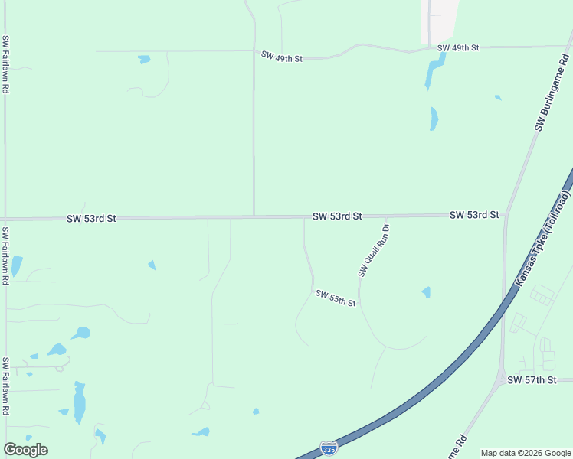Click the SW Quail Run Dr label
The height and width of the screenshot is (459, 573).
click(374, 249)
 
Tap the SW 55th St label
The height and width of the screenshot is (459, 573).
click(336, 298)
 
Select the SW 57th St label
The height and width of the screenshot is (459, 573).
click(531, 380)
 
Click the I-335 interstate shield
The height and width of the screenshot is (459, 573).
click(329, 448)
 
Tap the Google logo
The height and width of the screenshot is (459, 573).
click(25, 450)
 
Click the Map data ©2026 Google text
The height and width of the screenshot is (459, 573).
click(525, 453)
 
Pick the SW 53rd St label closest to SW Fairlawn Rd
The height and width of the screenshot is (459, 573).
click(91, 218)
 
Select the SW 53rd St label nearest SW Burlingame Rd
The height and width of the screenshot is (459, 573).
click(474, 215)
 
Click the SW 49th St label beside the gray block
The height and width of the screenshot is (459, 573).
click(458, 48)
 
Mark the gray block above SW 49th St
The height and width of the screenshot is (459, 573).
click(439, 21)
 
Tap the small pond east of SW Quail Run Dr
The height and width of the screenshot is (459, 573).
click(426, 292)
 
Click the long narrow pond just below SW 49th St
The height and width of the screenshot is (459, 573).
click(433, 73)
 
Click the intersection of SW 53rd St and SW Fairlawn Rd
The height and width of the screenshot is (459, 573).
click(5, 219)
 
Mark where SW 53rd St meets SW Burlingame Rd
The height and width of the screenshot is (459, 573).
click(505, 215)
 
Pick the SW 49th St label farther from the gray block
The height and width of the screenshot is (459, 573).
click(282, 57)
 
